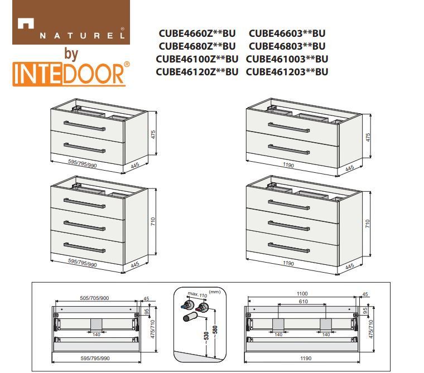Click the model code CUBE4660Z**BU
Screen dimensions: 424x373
(x=197, y=33)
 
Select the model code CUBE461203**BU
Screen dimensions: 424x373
(x=287, y=72)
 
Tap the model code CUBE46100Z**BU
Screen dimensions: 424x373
(x=197, y=59)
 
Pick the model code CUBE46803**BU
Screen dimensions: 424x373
(x=287, y=46)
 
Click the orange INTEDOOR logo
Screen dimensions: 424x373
(x=71, y=74)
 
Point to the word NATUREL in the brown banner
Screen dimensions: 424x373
(x=83, y=36)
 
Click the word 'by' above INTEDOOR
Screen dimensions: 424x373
(x=71, y=54)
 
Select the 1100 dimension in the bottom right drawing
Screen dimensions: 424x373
(x=302, y=293)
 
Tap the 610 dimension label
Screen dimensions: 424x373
(x=303, y=302)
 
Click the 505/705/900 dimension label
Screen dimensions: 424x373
(x=94, y=298)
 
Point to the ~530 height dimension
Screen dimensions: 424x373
(x=206, y=337)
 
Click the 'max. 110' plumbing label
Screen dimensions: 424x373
(x=197, y=294)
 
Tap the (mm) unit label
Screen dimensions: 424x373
(x=215, y=292)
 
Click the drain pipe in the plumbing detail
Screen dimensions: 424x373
(x=191, y=317)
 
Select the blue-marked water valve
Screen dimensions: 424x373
(x=187, y=305)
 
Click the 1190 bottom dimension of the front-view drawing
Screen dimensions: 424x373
(x=306, y=358)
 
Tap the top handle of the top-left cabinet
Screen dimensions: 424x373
(x=84, y=126)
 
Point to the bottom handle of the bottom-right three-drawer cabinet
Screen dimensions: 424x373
(x=289, y=248)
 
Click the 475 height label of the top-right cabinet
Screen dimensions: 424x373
(x=368, y=137)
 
